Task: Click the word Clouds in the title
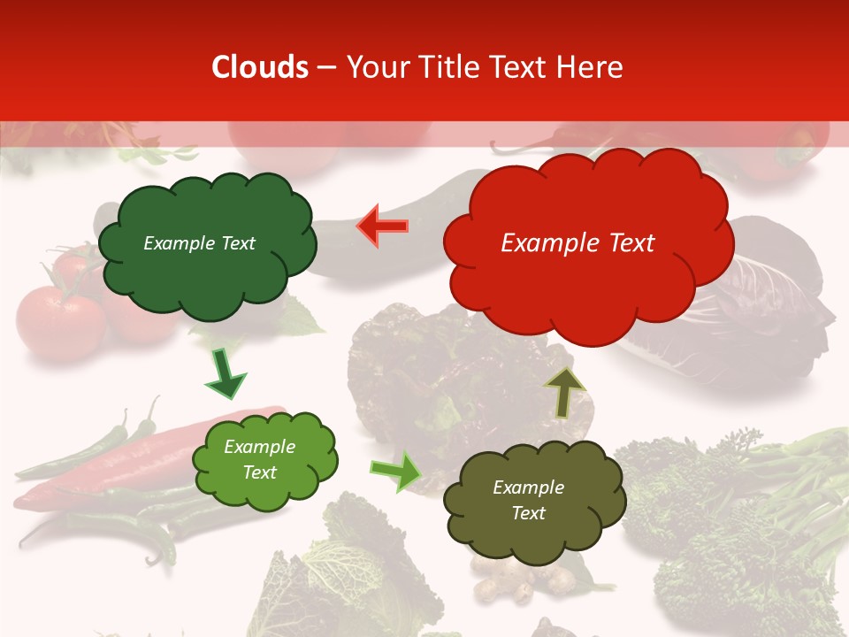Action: (x=260, y=67)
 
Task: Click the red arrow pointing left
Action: (x=383, y=226)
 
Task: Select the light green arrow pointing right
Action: (x=396, y=472)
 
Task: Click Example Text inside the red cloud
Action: (x=577, y=243)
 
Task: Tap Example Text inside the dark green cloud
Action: (x=199, y=243)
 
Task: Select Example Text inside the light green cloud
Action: (x=260, y=460)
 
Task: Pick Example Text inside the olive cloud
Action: (x=528, y=500)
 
